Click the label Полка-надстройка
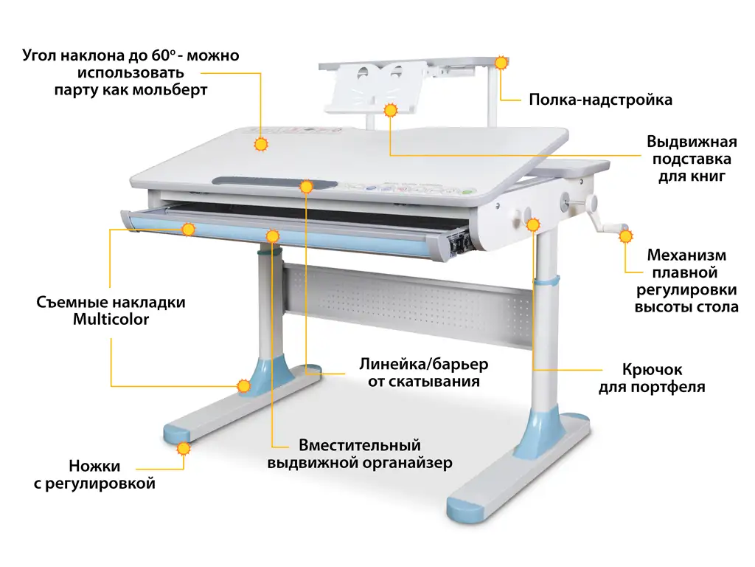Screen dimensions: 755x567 pyautogui.click(x=600, y=100)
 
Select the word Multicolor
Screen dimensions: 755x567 pyautogui.click(x=111, y=319)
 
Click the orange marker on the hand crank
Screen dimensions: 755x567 pyautogui.click(x=625, y=236)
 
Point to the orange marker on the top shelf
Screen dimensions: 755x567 pyautogui.click(x=501, y=63)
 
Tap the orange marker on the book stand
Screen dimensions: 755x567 pyautogui.click(x=391, y=111)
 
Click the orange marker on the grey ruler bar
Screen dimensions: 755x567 pyautogui.click(x=306, y=186)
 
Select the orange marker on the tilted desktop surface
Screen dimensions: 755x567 pyautogui.click(x=261, y=144)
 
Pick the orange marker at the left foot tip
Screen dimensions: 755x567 pyautogui.click(x=183, y=449)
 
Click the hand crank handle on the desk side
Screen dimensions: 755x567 pyautogui.click(x=607, y=219)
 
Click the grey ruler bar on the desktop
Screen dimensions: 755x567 pyautogui.click(x=274, y=184)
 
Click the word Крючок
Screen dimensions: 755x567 pyautogui.click(x=652, y=370)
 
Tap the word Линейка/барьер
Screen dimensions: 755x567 pyautogui.click(x=424, y=364)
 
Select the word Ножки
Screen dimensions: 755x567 pyautogui.click(x=94, y=467)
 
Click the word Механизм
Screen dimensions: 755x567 pyautogui.click(x=686, y=255)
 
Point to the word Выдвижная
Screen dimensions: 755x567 pyautogui.click(x=692, y=142)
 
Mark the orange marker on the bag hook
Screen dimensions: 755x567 pyautogui.click(x=533, y=224)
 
